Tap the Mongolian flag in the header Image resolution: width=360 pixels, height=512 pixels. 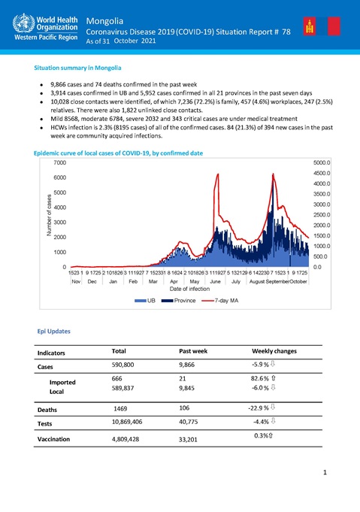coord(309,28)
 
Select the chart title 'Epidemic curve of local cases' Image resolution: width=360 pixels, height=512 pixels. coord(119,153)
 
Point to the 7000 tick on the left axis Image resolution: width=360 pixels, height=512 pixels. coord(58,162)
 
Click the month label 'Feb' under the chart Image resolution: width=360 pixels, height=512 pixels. coord(133,280)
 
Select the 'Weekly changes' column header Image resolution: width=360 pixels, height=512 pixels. coord(274,351)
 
